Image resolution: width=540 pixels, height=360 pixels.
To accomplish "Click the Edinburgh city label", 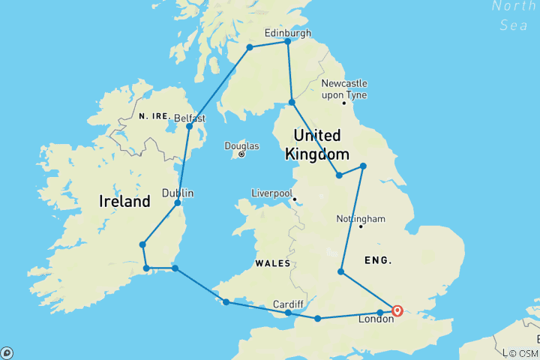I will pyautogui.click(x=289, y=32).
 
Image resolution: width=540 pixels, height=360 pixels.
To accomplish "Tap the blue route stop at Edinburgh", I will pyautogui.click(x=288, y=41).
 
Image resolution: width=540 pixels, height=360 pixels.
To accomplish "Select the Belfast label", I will pyautogui.click(x=189, y=118).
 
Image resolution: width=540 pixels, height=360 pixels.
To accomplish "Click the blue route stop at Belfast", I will pyautogui.click(x=190, y=126).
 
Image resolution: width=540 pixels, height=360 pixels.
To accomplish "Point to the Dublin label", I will pyautogui.click(x=178, y=193).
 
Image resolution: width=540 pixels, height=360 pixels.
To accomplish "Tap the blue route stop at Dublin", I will pyautogui.click(x=178, y=202).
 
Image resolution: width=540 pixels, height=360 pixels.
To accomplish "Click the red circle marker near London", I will pyautogui.click(x=397, y=310).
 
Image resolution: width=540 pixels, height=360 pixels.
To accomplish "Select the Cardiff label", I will pyautogui.click(x=288, y=304).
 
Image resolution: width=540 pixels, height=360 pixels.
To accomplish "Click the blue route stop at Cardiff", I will pyautogui.click(x=288, y=313).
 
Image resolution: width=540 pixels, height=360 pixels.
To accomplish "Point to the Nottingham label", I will pyautogui.click(x=361, y=219).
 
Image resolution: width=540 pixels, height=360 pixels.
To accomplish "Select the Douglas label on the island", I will pyautogui.click(x=241, y=145).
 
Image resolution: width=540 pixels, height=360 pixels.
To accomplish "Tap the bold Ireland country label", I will pyautogui.click(x=124, y=202).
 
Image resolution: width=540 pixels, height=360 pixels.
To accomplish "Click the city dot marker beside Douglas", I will pyautogui.click(x=241, y=154).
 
